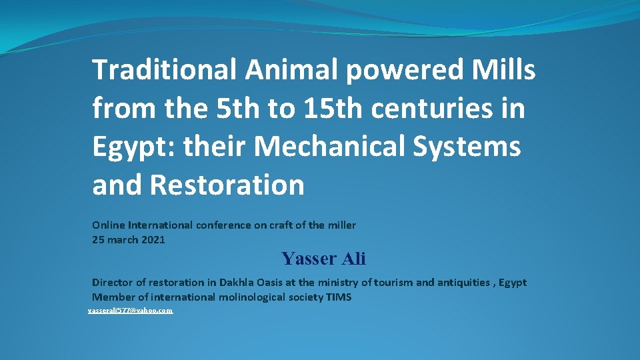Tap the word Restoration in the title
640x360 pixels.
[x=227, y=185]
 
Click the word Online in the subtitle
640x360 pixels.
[x=107, y=225]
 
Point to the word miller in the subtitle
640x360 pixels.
[x=341, y=225]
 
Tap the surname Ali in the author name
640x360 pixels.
[x=353, y=259]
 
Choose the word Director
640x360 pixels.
[x=113, y=283]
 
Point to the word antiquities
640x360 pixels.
[x=464, y=283]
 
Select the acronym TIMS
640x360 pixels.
[x=339, y=297]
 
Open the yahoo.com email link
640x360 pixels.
[x=131, y=311]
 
